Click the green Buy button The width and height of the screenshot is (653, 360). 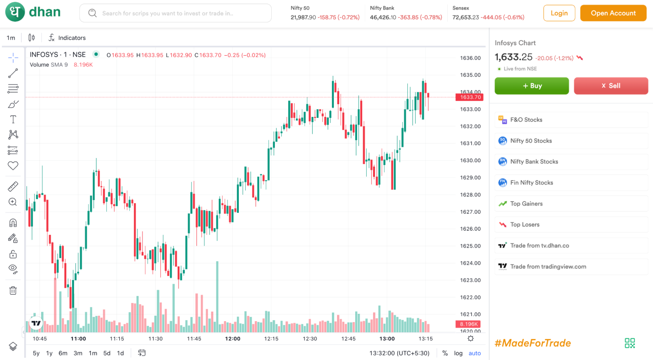[532, 86]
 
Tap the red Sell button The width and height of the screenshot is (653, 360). [611, 86]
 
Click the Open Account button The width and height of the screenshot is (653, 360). [613, 13]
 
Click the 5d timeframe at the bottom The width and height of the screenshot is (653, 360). [107, 353]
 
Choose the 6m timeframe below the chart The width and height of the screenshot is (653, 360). [63, 353]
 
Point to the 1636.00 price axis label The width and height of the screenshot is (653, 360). [470, 58]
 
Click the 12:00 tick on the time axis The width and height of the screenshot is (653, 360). [232, 339]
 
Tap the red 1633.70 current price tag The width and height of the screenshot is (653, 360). [469, 97]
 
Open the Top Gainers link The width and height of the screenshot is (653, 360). [526, 204]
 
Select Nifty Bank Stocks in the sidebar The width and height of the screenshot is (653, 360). [534, 162]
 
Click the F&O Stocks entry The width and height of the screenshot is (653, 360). [526, 120]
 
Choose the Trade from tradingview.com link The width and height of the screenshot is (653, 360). [548, 267]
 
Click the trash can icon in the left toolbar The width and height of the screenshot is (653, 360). [13, 291]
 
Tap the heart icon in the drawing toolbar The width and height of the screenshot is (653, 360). [13, 165]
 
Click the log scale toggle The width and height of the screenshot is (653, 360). [458, 353]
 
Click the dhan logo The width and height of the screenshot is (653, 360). [33, 12]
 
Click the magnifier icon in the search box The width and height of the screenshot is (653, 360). [92, 13]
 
